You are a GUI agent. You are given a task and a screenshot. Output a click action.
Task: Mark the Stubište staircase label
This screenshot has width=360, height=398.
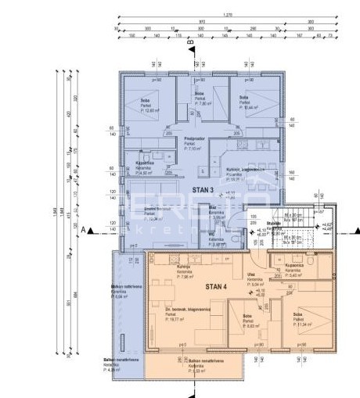pos(273,221)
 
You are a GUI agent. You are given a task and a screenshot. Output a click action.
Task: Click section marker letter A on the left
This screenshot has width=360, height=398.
pos(82,231)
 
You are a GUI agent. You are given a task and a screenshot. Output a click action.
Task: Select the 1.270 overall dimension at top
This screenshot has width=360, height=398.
pos(227,15)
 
